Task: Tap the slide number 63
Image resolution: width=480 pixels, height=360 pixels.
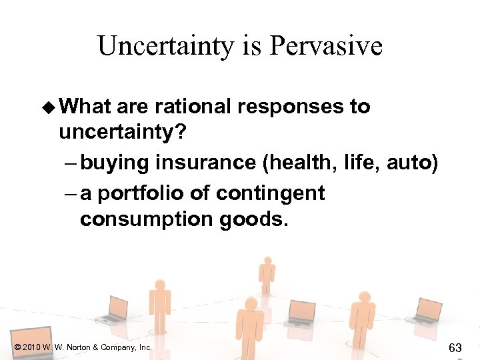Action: click(x=455, y=347)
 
